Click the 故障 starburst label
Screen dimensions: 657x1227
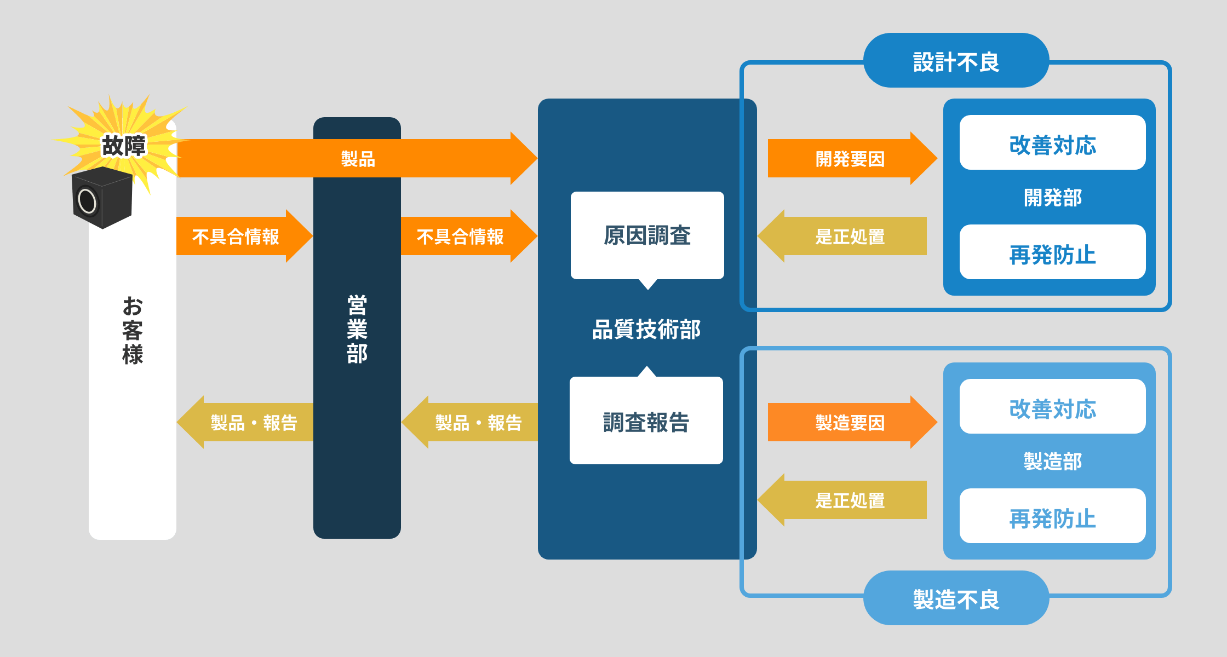coord(124,146)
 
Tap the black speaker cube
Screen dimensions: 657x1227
coord(102,198)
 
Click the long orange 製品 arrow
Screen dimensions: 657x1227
coord(357,159)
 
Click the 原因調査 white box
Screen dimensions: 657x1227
coord(647,235)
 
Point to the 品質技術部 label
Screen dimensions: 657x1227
coord(647,329)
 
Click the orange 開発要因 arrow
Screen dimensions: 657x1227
coord(850,159)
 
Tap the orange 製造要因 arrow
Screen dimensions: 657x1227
coord(850,422)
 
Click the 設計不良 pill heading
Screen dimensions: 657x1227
coord(956,61)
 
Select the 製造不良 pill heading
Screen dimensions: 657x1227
coord(956,598)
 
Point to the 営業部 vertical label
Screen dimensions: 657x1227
coord(357,329)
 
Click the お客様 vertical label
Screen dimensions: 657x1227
coord(133,330)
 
